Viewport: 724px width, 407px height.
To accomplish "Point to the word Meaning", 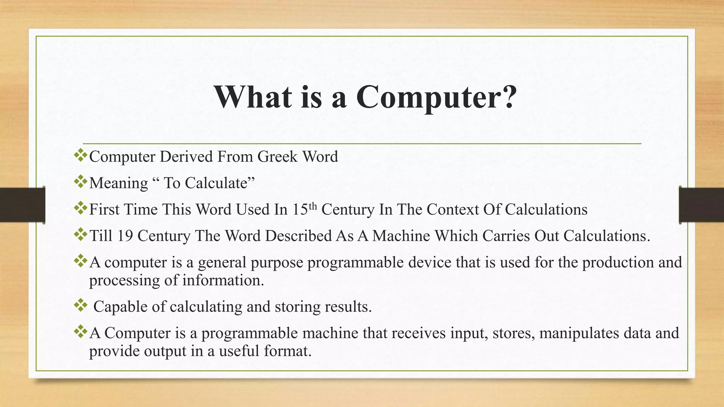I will coord(118,183).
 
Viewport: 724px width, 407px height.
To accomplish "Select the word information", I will coord(223,281).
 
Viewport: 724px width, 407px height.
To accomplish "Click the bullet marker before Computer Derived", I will coord(81,155).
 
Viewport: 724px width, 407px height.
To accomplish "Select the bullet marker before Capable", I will coord(81,305).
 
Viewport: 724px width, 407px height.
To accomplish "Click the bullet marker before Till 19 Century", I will coord(81,234).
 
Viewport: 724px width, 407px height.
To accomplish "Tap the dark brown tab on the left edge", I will coord(22,205).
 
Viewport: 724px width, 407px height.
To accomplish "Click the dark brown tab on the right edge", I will coord(701,205).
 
